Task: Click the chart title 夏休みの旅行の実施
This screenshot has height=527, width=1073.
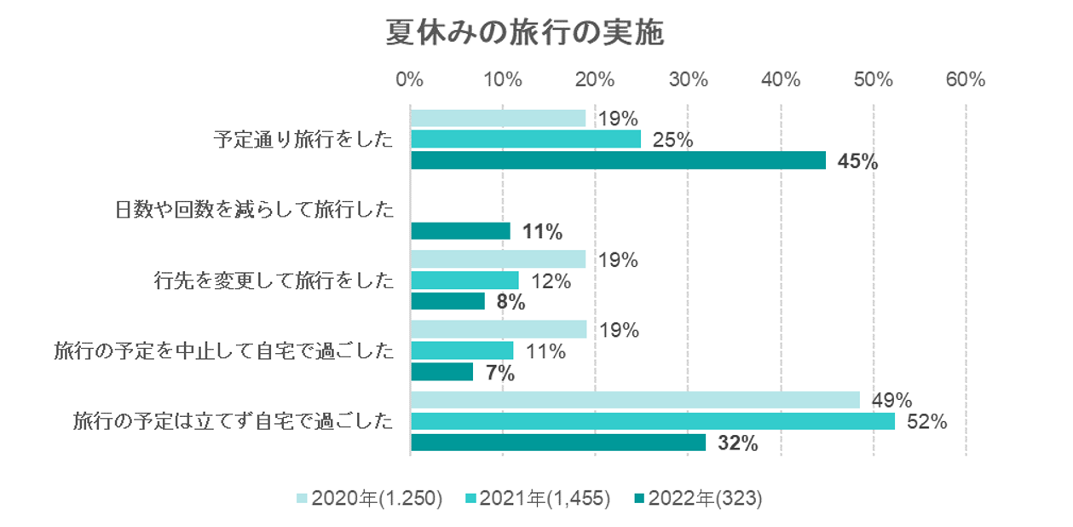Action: click(x=524, y=34)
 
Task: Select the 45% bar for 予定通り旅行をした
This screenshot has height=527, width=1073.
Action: click(x=618, y=160)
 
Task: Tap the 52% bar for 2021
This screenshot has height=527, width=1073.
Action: click(x=653, y=421)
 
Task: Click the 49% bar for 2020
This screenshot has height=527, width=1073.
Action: click(x=635, y=400)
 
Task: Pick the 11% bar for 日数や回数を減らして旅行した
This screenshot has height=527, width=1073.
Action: click(x=460, y=231)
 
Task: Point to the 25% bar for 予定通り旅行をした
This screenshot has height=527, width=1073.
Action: click(x=526, y=139)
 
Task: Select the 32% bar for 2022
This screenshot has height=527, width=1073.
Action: click(x=558, y=443)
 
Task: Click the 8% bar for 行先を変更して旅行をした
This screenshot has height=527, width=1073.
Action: click(x=447, y=301)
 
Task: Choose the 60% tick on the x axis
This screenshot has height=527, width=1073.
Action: click(x=966, y=80)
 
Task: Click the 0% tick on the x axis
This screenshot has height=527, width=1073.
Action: click(x=410, y=80)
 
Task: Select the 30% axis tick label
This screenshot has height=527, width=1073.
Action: click(x=688, y=80)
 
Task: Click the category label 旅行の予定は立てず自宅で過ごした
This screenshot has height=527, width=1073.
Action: click(x=234, y=421)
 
